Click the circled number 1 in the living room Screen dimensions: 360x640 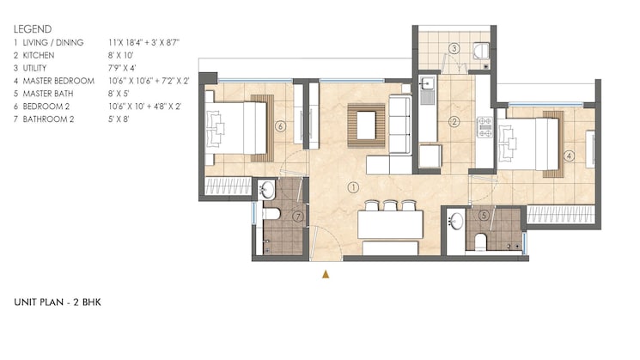coord(352,186)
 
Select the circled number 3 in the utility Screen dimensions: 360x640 coord(454,49)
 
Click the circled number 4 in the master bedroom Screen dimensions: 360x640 coord(570,156)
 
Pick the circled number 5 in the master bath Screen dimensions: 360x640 coord(485,215)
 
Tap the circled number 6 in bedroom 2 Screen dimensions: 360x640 coord(280,126)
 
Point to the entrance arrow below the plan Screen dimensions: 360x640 coord(326,274)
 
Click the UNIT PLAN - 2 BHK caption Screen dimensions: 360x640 coord(58,302)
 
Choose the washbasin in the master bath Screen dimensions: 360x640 coord(456,221)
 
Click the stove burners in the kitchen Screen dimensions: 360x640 coord(485,134)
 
